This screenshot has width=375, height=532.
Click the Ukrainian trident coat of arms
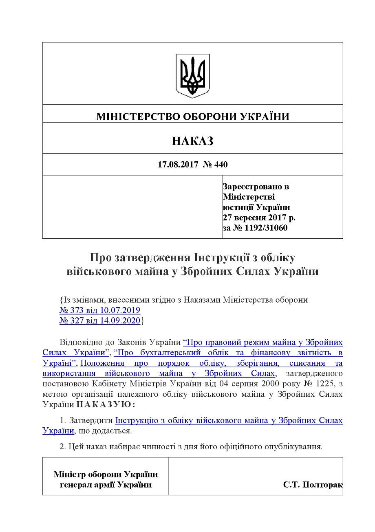click(193, 75)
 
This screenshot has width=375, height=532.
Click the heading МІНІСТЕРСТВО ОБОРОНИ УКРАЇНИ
click(193, 117)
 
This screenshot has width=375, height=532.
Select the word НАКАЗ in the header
click(193, 141)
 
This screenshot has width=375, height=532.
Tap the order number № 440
click(215, 165)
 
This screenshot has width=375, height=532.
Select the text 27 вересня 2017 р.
click(259, 218)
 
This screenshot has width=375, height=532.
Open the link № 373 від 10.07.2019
click(100, 310)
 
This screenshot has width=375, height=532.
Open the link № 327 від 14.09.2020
click(100, 321)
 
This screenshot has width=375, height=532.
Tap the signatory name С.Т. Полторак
click(313, 485)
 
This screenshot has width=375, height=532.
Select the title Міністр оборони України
click(106, 475)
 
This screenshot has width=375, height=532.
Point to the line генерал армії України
click(106, 485)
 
